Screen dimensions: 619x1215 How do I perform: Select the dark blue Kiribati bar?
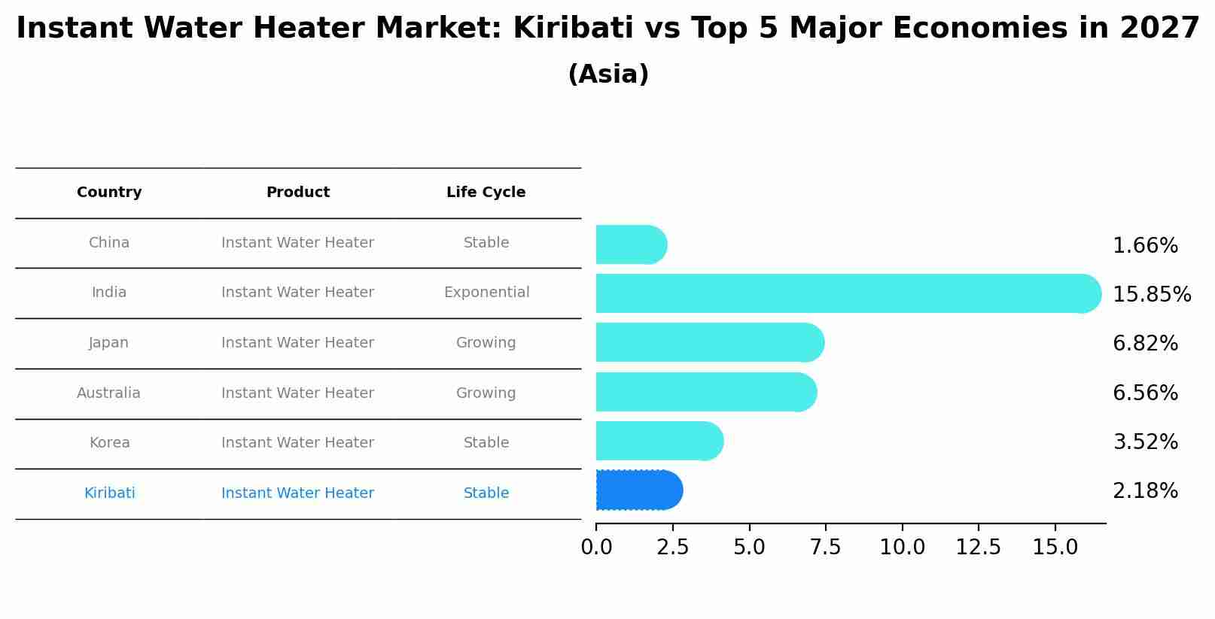coord(638,490)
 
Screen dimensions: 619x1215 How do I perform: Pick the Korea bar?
coord(659,441)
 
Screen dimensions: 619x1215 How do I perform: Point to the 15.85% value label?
coord(1151,295)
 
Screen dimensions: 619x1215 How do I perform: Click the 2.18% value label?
coord(1144,491)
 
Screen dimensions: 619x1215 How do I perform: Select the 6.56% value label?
coord(1144,393)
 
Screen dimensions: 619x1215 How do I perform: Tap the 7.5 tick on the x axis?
coord(825,548)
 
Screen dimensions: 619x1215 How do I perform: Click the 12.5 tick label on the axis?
coord(978,548)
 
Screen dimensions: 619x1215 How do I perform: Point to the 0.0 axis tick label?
coord(596,548)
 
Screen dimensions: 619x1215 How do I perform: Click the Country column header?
coord(109,193)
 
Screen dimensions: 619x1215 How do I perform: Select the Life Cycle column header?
coord(486,193)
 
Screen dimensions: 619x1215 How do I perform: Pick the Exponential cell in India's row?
coord(486,293)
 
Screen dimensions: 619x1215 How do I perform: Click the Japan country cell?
coord(109,343)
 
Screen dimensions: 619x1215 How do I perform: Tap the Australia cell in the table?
coord(108,393)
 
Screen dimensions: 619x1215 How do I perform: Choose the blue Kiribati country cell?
coord(110,493)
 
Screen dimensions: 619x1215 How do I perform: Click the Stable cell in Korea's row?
coord(486,443)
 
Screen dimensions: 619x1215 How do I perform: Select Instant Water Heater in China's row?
coord(297,243)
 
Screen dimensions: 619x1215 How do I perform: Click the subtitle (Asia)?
coord(607,74)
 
